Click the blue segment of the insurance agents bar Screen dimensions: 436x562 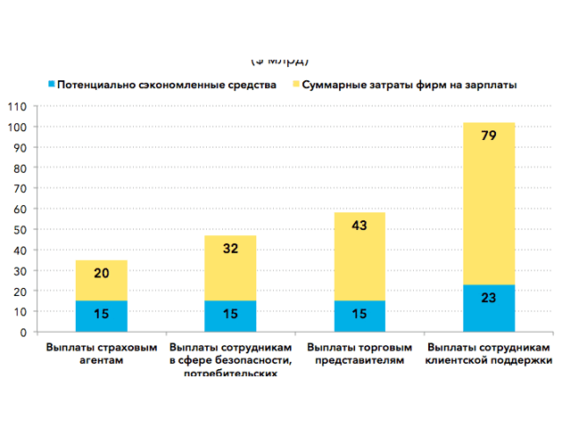(x=102, y=316)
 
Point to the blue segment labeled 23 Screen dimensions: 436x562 (x=489, y=308)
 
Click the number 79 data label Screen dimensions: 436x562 (x=489, y=136)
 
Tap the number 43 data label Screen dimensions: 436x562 (x=360, y=226)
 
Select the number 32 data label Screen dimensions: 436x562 (x=230, y=249)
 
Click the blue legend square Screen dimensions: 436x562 (x=52, y=84)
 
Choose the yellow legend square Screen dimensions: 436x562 (x=295, y=84)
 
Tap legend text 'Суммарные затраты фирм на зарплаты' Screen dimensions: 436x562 (x=409, y=84)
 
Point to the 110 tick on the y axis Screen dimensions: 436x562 (x=17, y=106)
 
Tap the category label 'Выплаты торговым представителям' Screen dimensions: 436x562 (x=360, y=354)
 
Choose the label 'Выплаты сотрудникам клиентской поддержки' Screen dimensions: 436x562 (x=489, y=354)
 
